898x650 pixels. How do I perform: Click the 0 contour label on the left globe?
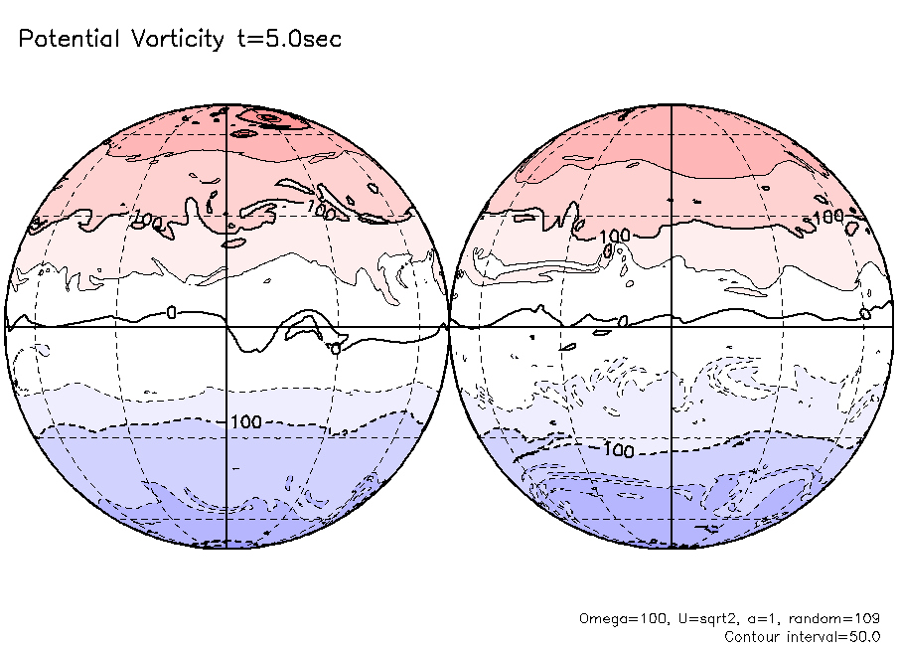pos(171,313)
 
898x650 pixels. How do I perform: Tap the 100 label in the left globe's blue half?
pos(245,422)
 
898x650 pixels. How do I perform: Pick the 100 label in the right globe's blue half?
pos(618,450)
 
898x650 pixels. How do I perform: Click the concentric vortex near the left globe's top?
pos(269,118)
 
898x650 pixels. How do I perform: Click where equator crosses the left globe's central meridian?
pos(226,326)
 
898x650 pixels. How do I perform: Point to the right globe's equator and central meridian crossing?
pos(673,326)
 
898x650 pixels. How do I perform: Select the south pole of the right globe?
pos(673,548)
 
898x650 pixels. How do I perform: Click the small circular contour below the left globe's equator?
pos(336,349)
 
